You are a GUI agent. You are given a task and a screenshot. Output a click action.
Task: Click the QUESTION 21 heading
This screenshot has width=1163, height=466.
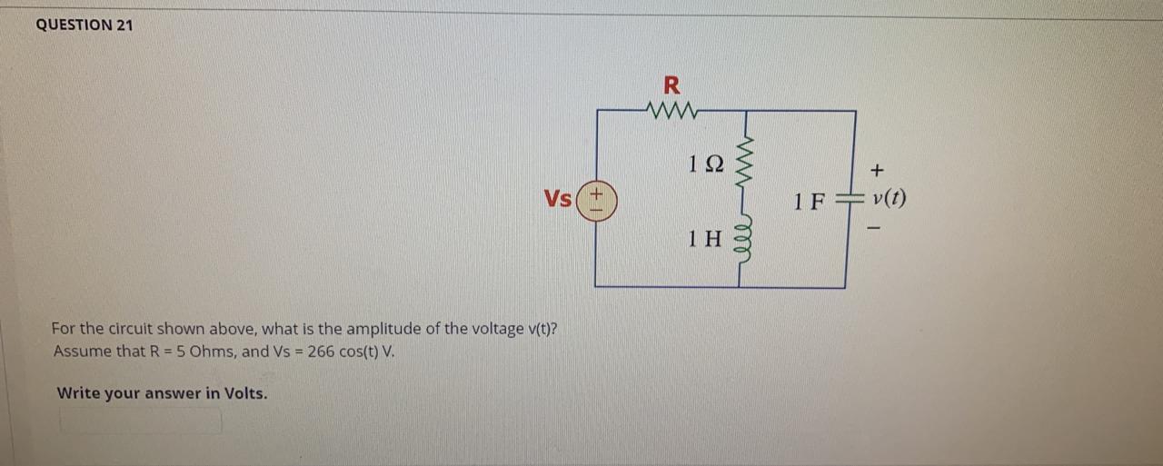84,25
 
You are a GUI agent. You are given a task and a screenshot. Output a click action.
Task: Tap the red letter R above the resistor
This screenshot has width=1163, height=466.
671,86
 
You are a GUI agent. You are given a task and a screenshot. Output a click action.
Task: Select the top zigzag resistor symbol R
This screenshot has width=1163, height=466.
671,111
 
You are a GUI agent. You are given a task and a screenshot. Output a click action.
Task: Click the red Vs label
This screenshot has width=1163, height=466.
558,198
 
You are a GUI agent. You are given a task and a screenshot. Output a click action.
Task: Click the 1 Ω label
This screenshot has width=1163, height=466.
706,164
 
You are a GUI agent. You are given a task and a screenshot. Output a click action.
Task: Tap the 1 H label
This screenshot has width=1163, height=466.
704,240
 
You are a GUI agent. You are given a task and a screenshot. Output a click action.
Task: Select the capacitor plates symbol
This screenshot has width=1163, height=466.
846,201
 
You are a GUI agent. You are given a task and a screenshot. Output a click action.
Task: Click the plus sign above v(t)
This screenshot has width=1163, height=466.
877,170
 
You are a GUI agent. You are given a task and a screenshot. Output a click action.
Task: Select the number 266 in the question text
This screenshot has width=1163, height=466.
321,351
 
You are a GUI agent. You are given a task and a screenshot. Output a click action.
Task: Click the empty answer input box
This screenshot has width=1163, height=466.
141,421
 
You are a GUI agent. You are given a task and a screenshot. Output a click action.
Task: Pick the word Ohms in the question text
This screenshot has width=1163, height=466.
213,351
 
